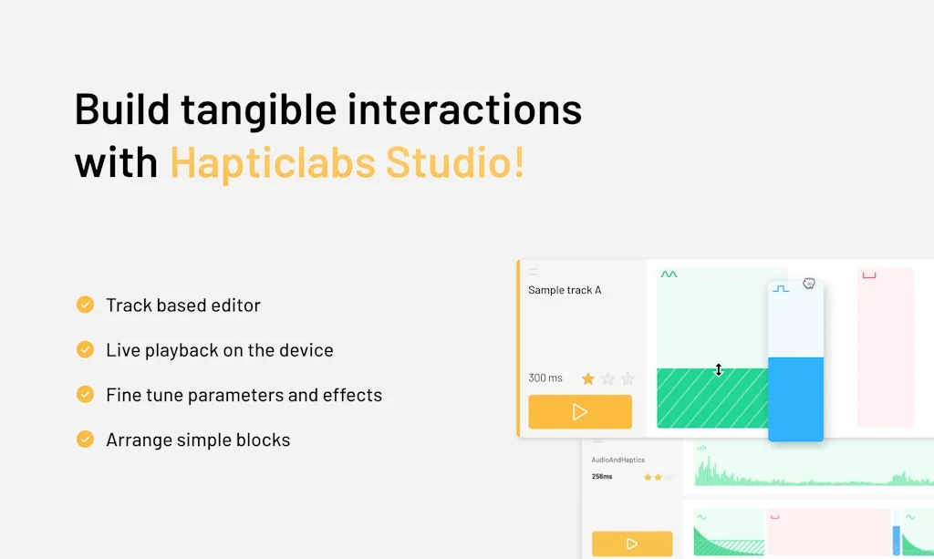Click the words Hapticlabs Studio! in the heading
click(347, 162)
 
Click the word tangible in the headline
click(258, 109)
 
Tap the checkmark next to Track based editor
click(85, 305)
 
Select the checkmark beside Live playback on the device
click(85, 349)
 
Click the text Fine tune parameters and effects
click(244, 395)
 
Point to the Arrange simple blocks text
click(198, 440)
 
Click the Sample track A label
click(565, 290)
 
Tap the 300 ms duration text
click(545, 378)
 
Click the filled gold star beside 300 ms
click(588, 378)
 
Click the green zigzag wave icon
click(669, 274)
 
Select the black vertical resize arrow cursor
click(718, 369)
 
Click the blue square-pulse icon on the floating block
click(781, 288)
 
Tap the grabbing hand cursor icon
click(808, 284)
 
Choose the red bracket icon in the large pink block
click(869, 274)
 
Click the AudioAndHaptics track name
click(617, 460)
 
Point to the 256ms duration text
click(602, 476)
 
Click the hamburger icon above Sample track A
click(534, 272)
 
